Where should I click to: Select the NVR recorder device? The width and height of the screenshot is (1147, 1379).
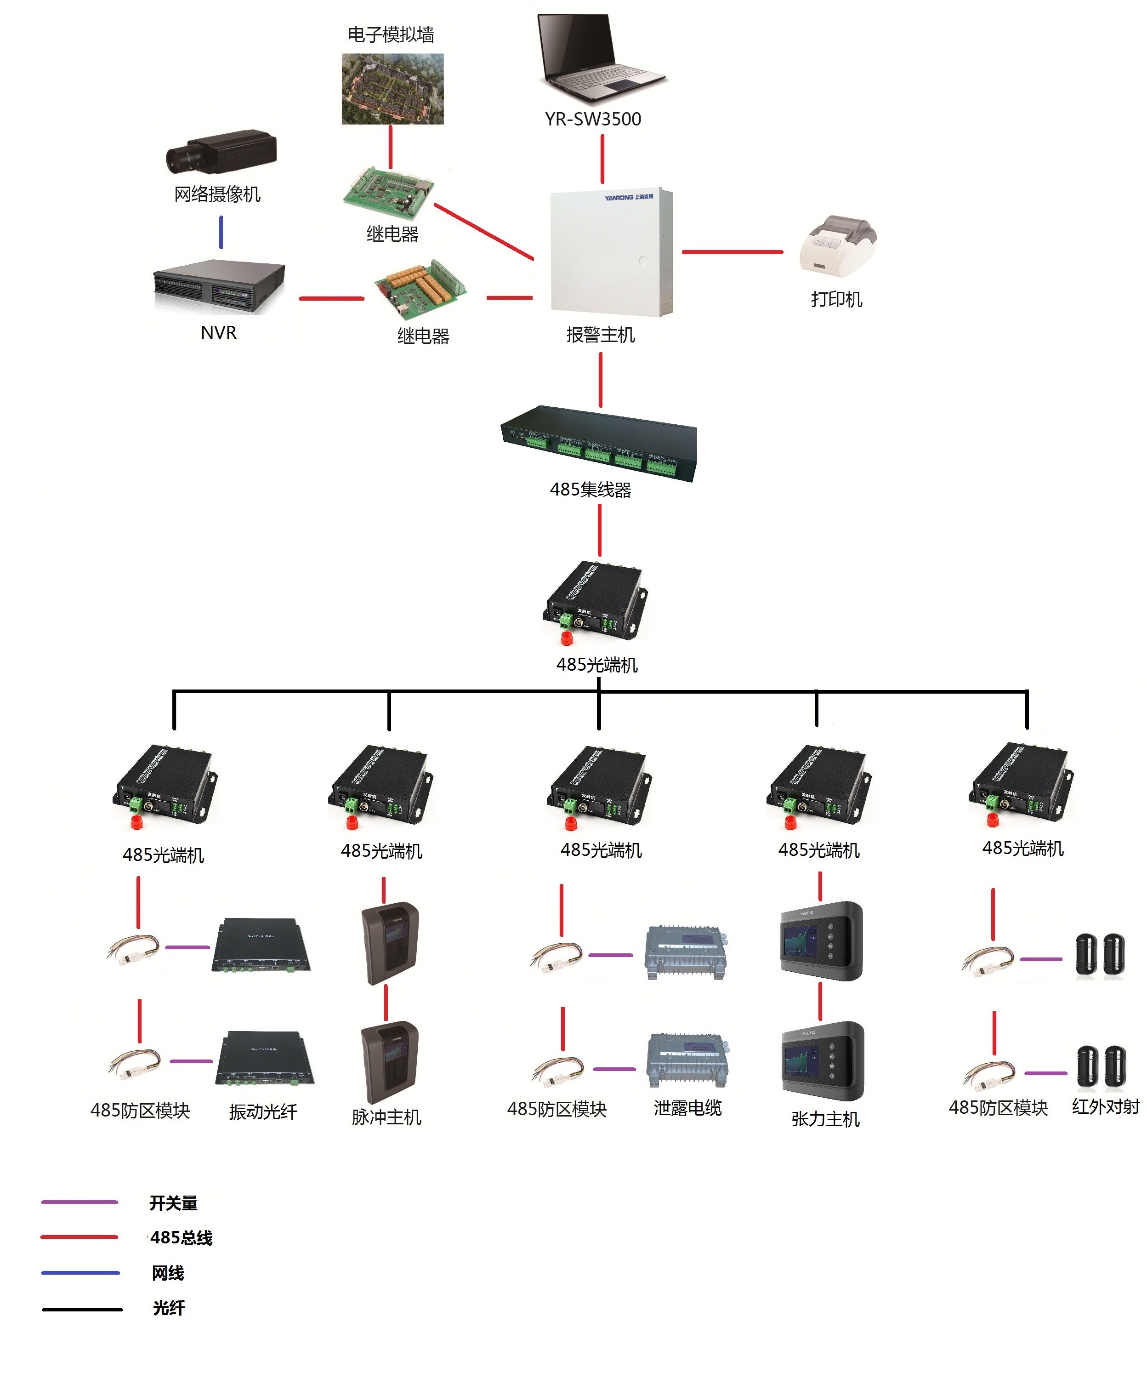[x=219, y=287]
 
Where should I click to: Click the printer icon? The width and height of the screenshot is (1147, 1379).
[x=838, y=246]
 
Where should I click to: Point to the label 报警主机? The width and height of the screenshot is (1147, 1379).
[x=600, y=335]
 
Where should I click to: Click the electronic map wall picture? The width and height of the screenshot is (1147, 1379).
[x=392, y=89]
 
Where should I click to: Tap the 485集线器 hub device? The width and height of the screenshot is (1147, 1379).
[x=599, y=443]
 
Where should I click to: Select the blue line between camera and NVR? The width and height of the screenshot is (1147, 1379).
[x=221, y=233]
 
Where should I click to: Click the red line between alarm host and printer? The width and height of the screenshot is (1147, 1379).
[x=732, y=251]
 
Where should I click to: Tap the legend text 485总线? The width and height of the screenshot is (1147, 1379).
[x=181, y=1238]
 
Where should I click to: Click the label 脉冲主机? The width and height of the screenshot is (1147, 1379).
[x=386, y=1117]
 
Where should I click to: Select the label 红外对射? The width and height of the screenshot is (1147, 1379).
[x=1106, y=1106]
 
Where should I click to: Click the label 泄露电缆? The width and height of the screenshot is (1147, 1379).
[x=687, y=1108]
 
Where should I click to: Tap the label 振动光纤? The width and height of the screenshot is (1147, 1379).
[x=262, y=1111]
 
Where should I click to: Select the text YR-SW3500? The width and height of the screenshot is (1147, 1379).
[x=593, y=119]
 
